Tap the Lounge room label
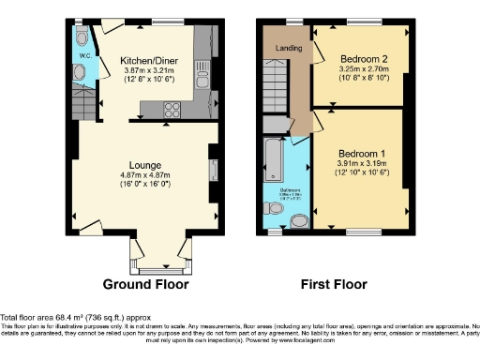point(143,163)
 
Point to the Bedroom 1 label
point(360,153)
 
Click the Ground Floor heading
point(145,284)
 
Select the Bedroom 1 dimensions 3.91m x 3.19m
point(360,164)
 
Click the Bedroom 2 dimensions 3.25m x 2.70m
point(360,70)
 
